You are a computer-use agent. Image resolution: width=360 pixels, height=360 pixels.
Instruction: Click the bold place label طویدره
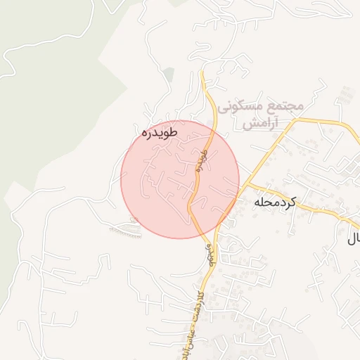pos(159,131)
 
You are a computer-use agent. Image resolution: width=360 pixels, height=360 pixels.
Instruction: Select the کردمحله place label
pos(276,202)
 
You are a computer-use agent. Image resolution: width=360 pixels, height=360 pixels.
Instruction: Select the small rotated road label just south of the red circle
pos(210,254)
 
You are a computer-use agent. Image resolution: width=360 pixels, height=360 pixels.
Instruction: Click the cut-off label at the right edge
pos(353,238)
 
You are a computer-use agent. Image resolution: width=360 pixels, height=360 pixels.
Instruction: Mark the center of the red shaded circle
pos(179,179)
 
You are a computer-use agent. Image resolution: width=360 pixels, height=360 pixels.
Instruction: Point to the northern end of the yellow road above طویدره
pos(202,72)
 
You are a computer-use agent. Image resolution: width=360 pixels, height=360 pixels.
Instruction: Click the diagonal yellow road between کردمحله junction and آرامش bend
pos(271,153)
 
